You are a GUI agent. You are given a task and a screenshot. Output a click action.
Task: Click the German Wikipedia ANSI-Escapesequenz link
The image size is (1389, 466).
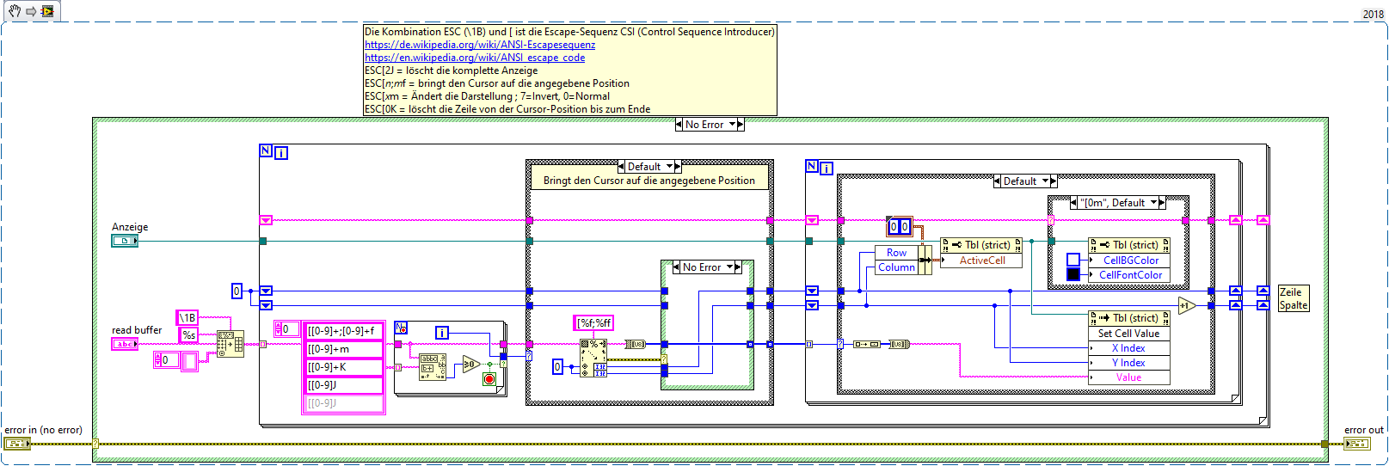pos(479,45)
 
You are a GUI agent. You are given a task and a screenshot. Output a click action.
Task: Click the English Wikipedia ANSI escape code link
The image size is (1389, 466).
pos(474,58)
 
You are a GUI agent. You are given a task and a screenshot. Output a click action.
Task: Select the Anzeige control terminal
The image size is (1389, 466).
pos(124,242)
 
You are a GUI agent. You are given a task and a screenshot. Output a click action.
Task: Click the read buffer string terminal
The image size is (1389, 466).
pos(124,344)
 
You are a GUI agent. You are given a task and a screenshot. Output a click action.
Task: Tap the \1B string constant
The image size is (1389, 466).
pos(187,318)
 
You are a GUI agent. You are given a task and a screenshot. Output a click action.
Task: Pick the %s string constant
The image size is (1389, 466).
pos(188,334)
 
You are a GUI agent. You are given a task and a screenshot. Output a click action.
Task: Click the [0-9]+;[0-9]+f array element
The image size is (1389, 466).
pos(341,331)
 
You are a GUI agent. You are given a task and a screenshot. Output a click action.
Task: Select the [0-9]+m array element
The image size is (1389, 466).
pos(341,349)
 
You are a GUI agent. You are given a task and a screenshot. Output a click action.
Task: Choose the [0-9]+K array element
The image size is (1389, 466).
pos(341,367)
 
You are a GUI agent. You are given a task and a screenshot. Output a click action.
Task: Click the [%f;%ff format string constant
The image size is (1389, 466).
pos(594,323)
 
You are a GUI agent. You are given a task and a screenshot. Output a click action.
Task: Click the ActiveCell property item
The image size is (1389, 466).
pos(981,261)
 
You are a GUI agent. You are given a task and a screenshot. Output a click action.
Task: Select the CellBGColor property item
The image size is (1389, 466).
pos(1130,261)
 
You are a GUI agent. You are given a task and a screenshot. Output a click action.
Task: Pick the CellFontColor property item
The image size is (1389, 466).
pos(1130,275)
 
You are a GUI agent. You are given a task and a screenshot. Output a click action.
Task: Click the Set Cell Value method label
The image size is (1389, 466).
pos(1128,334)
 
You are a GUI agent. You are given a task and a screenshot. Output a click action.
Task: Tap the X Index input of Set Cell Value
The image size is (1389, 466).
pos(1128,348)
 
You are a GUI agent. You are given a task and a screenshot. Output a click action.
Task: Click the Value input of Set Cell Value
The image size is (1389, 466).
pos(1128,377)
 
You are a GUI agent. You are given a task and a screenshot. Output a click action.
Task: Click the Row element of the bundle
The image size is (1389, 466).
pos(896,253)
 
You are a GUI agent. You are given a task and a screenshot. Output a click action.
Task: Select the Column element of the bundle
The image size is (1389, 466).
pos(896,267)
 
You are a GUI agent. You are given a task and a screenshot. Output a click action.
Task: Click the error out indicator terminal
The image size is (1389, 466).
pos(1357,444)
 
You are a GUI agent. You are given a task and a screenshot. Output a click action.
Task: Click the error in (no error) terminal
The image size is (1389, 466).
pos(16,444)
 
